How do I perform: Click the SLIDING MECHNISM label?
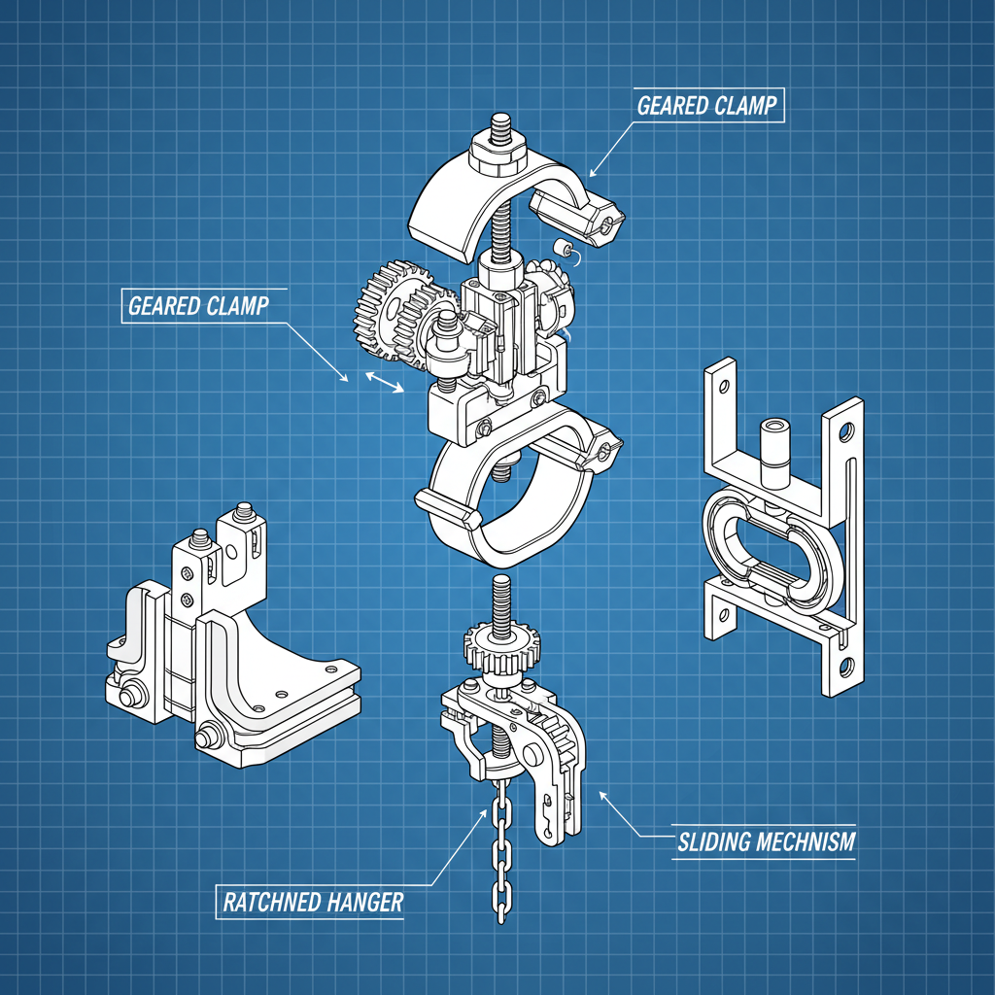point(766,841)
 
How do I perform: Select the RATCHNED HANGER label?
point(313,902)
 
